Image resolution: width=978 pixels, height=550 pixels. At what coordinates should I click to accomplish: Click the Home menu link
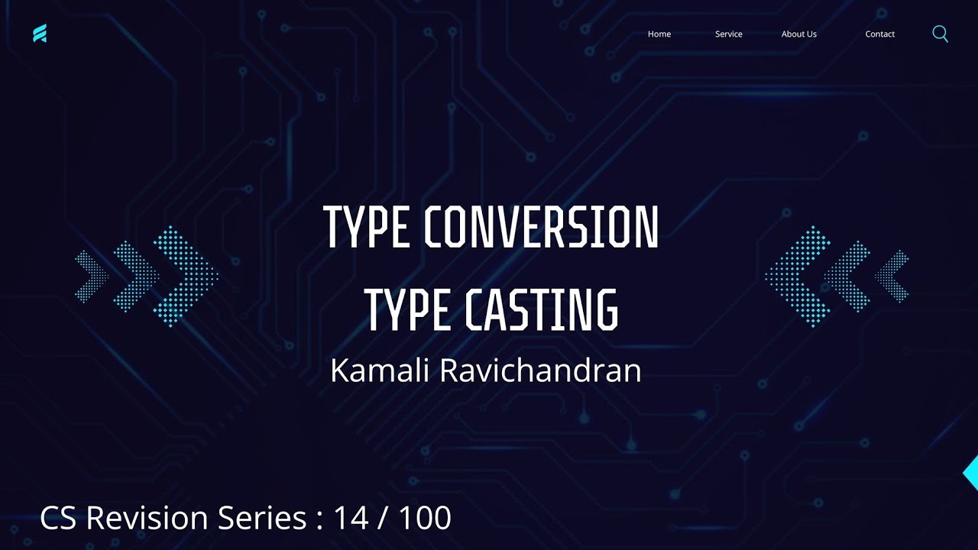[x=659, y=34]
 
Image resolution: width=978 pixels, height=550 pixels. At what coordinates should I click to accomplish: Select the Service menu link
[x=728, y=34]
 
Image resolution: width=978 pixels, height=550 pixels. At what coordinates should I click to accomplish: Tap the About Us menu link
[x=798, y=34]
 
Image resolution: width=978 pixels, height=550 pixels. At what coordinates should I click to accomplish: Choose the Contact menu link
[x=879, y=34]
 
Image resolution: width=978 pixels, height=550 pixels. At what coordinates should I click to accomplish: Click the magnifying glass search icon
[x=940, y=34]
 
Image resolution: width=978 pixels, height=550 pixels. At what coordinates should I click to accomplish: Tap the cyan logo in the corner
[x=40, y=34]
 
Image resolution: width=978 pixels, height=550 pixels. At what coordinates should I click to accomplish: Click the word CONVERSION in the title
[x=540, y=228]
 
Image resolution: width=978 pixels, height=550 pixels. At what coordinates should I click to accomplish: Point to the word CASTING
[x=541, y=309]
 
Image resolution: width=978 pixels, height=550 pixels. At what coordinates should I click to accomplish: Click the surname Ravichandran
[x=540, y=370]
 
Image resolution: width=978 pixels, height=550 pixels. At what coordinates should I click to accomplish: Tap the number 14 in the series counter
[x=351, y=518]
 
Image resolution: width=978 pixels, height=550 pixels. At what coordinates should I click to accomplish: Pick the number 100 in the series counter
[x=425, y=518]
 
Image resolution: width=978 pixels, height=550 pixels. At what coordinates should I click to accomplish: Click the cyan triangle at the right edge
[x=972, y=473]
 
